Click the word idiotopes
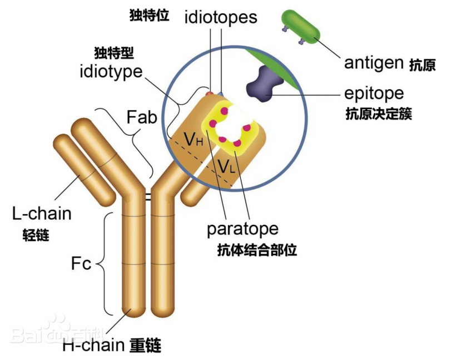point(221,17)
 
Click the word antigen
point(374,62)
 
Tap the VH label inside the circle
point(193,139)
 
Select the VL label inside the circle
point(226,165)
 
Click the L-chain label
point(42,213)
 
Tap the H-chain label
point(93,345)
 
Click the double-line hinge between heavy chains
point(148,196)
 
